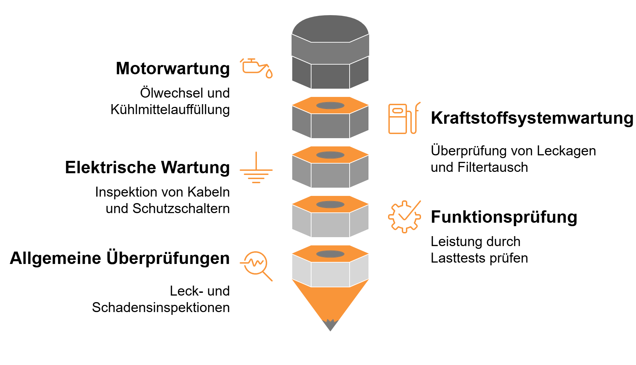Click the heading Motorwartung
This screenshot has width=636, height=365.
click(x=173, y=69)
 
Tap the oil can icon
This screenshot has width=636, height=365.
click(x=256, y=68)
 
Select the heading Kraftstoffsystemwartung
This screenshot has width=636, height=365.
click(x=532, y=118)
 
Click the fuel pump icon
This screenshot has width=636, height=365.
click(x=404, y=118)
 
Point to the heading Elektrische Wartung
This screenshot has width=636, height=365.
click(x=147, y=168)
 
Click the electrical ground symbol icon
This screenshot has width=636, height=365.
click(x=256, y=167)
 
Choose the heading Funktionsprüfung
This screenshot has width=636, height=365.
click(x=504, y=218)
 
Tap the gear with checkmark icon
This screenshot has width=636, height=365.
click(x=404, y=217)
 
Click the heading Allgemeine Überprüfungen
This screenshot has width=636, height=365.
click(x=120, y=258)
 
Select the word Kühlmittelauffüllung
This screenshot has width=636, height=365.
click(x=170, y=110)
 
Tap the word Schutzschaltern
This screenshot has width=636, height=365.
click(x=181, y=209)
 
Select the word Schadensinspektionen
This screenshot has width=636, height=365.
click(x=161, y=308)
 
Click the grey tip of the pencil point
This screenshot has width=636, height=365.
click(x=330, y=325)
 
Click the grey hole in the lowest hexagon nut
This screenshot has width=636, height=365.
click(x=330, y=254)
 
